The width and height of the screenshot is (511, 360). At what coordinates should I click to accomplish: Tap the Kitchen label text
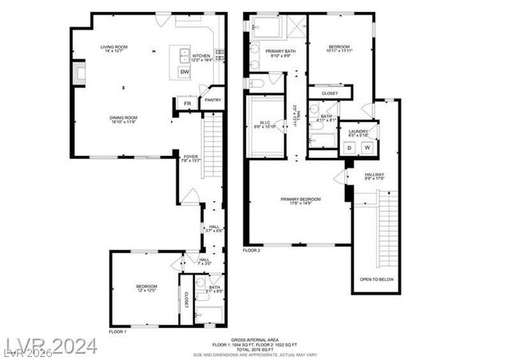point(200,56)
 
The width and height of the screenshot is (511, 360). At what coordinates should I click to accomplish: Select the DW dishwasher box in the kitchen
point(184,72)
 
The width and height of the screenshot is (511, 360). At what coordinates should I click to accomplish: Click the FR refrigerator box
point(187,104)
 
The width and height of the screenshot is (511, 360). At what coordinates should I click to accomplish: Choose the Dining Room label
point(124,118)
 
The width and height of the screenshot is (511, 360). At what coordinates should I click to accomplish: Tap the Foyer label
point(191,156)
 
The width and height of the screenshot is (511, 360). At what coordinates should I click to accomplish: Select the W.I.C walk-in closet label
point(263,123)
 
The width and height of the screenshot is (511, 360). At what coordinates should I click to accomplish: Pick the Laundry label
point(358,132)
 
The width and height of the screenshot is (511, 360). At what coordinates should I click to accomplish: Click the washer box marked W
point(367,147)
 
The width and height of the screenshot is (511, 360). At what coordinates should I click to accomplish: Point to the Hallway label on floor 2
point(374,175)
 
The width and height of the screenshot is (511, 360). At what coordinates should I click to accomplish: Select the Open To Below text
point(376,279)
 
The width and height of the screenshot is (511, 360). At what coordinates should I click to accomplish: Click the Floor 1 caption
point(118,330)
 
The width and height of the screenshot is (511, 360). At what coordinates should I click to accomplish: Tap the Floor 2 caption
point(252,251)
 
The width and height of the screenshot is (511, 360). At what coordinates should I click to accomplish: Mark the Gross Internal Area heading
point(255,340)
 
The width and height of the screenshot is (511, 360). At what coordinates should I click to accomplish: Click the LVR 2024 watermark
point(50,346)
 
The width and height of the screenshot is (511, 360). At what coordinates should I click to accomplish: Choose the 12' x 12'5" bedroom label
point(145,288)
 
